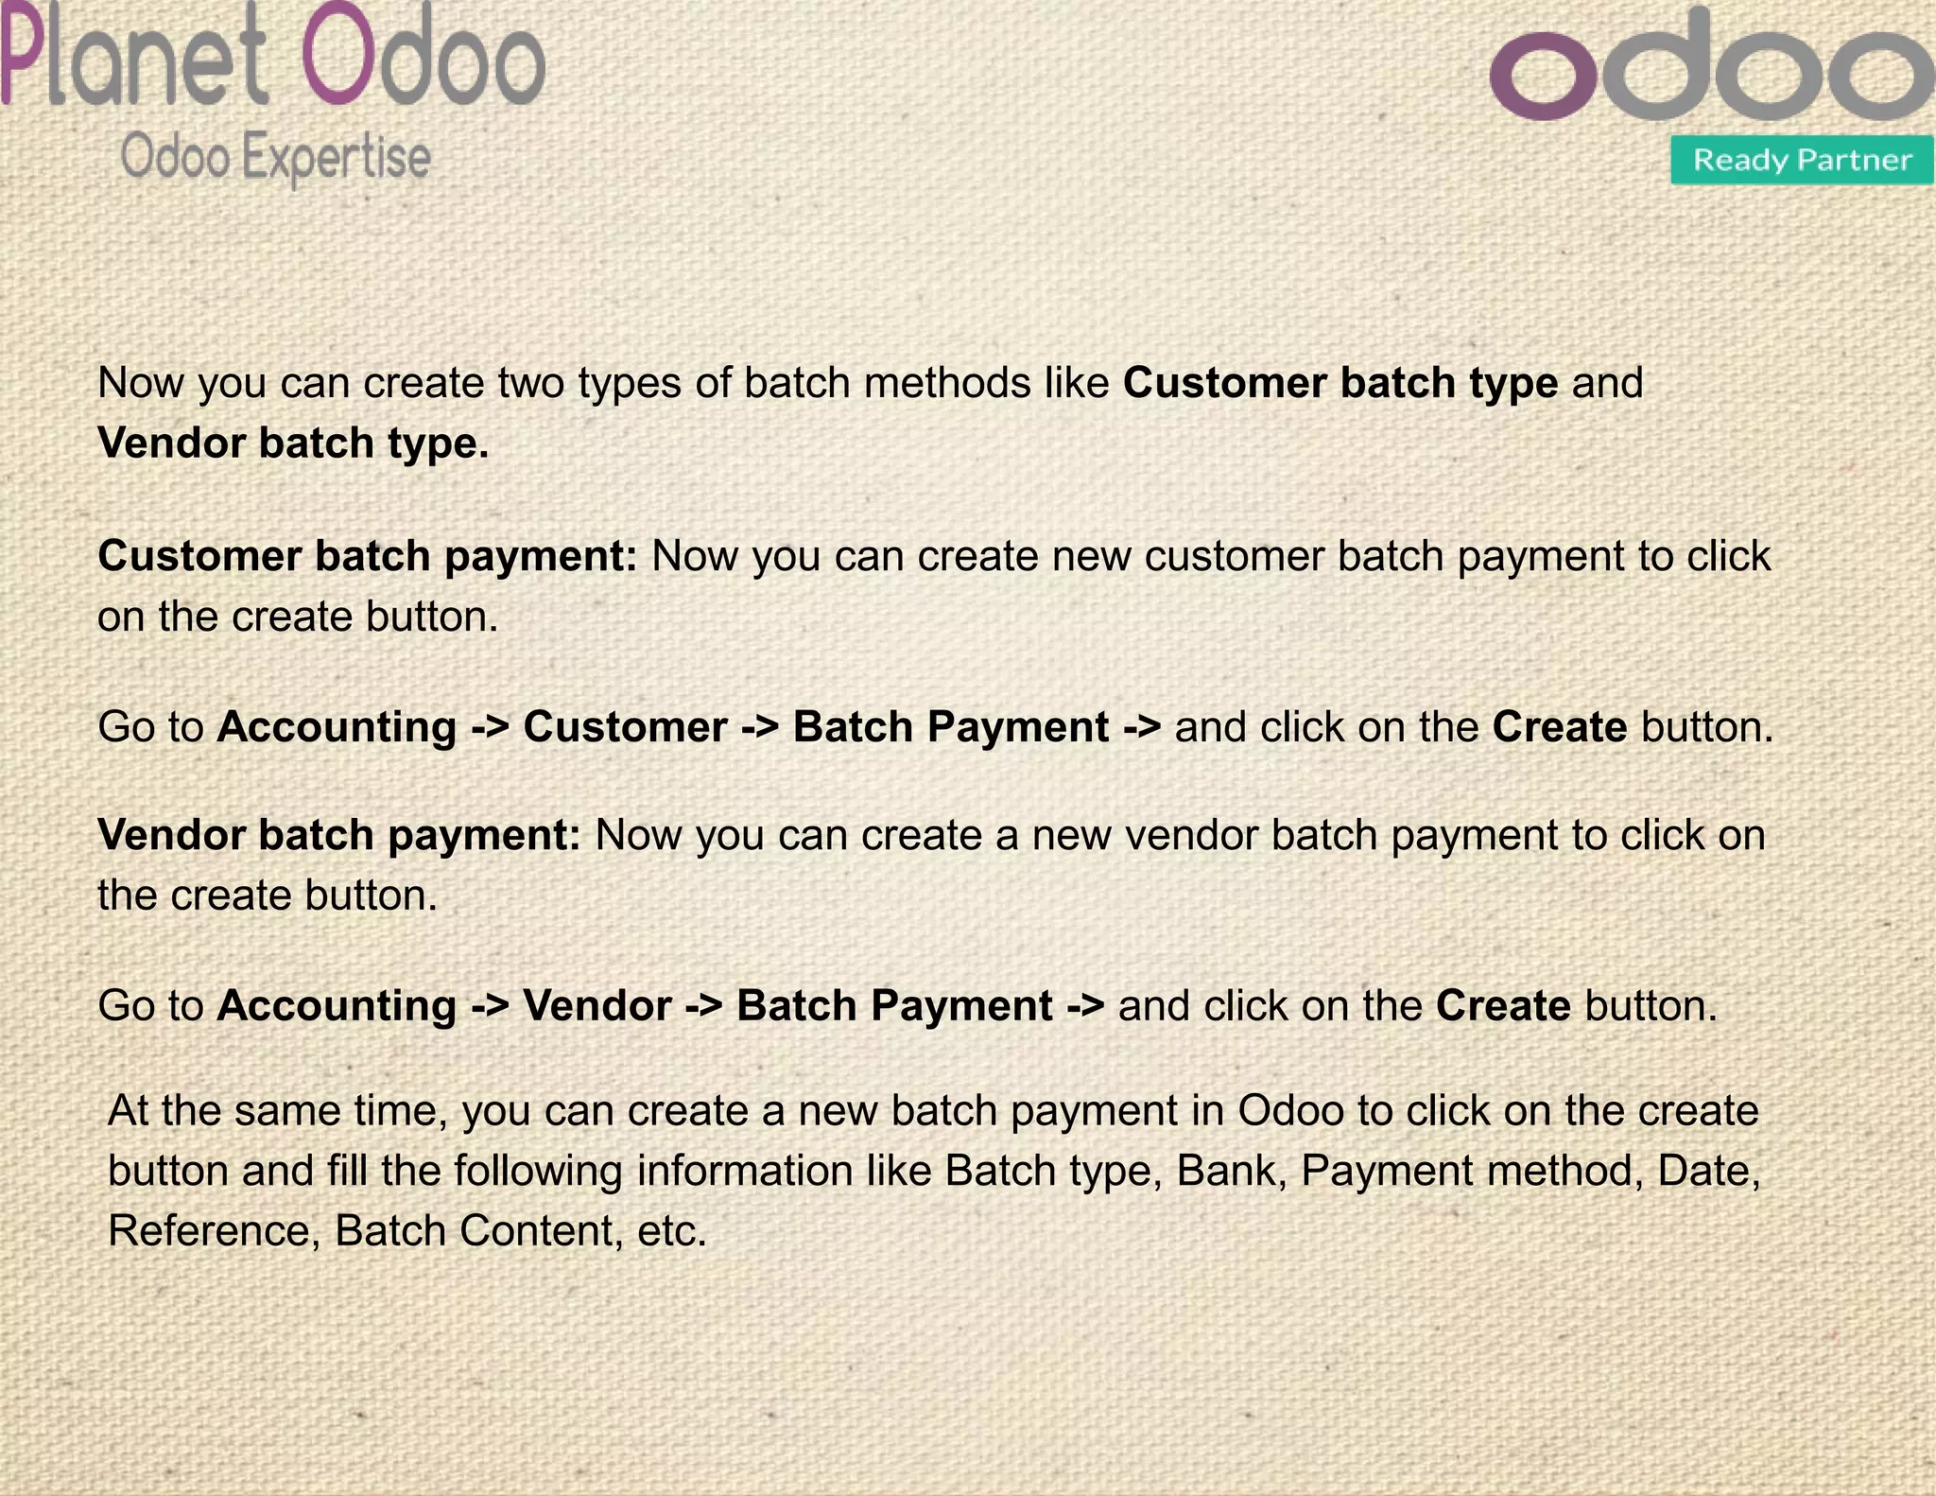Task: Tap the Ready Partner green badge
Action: tap(1802, 160)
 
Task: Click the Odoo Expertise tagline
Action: tap(275, 157)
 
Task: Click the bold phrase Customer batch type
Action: tap(1340, 383)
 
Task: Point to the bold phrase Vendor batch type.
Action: tap(293, 443)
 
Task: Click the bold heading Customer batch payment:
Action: tap(369, 556)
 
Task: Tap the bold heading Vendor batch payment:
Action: tap(339, 835)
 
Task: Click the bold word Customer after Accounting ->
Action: tap(625, 727)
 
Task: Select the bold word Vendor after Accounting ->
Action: tap(596, 1005)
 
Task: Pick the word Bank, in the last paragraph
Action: tap(1232, 1171)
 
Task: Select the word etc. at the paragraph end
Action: tap(672, 1231)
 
